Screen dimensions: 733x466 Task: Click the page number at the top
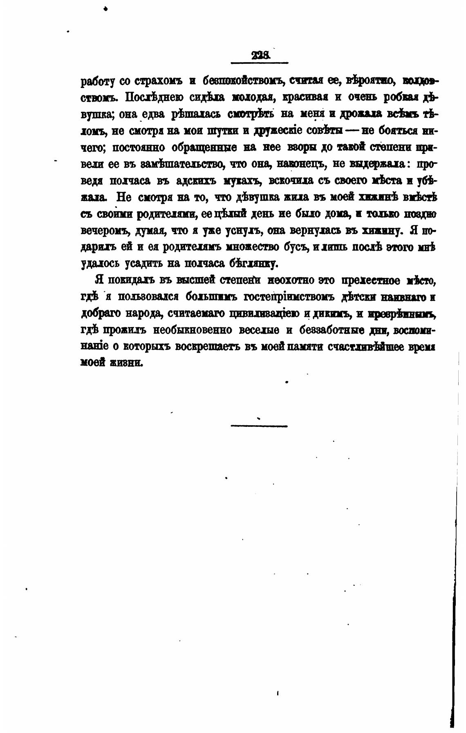[x=260, y=55]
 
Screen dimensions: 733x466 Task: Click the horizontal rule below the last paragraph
[x=259, y=426]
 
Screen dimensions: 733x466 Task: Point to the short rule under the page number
[x=260, y=63]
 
